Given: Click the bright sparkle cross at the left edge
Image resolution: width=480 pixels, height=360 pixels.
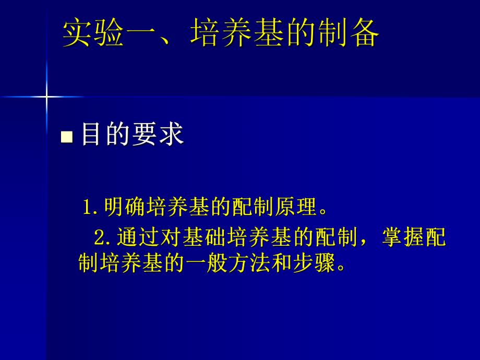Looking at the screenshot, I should tap(46, 97).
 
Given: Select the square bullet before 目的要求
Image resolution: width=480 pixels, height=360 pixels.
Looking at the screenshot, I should tap(66, 137).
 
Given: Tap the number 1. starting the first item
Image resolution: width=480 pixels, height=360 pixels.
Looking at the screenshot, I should tap(91, 207).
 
